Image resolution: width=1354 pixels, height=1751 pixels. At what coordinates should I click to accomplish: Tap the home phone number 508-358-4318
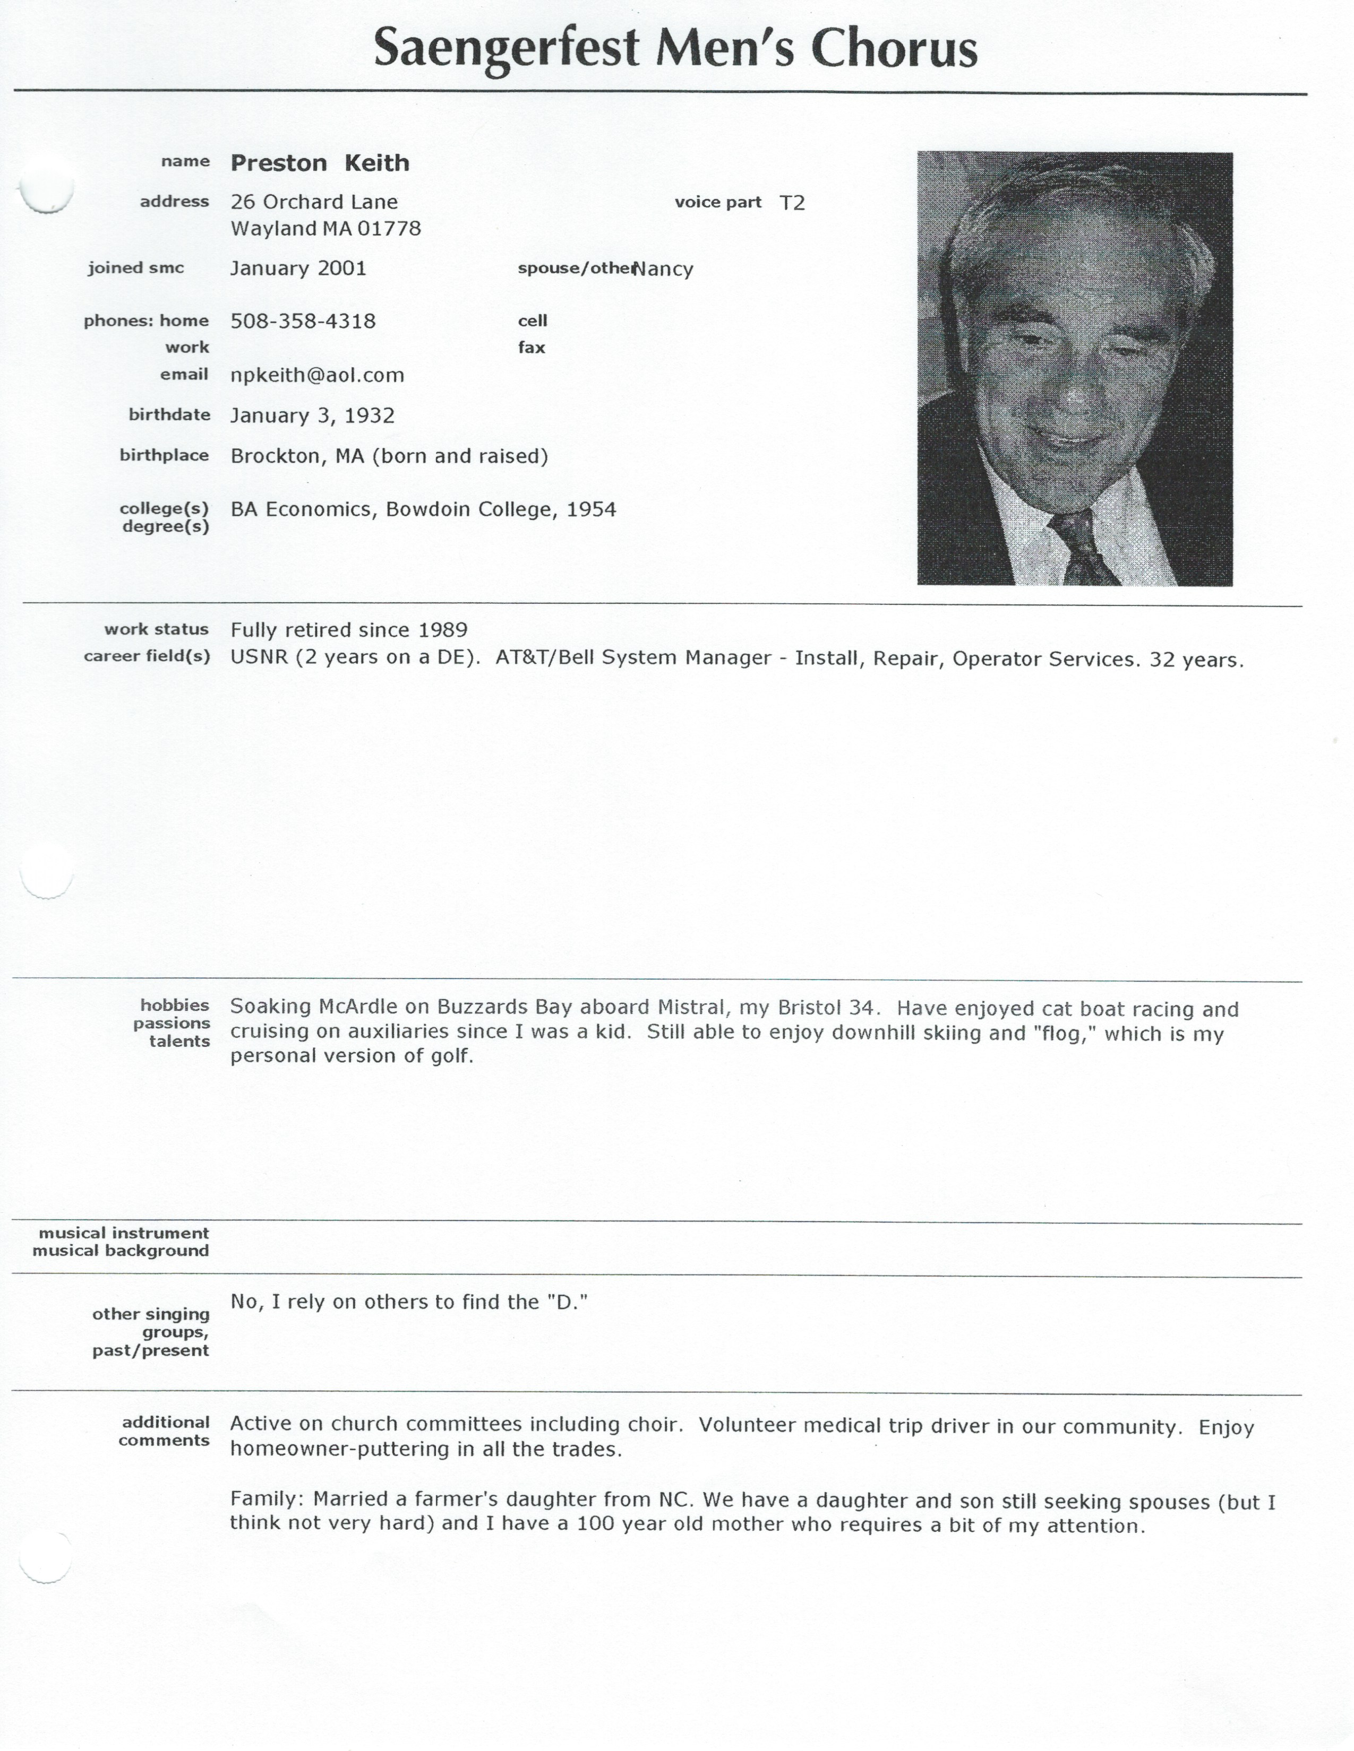303,322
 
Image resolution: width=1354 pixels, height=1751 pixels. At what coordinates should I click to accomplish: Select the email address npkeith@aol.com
317,375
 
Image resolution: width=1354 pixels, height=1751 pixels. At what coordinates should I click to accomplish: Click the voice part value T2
792,203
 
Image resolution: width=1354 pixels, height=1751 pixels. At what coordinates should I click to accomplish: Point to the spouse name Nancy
663,270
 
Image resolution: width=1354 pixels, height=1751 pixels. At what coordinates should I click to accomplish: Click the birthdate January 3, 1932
312,416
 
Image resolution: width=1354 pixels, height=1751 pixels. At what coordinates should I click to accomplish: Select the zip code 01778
389,229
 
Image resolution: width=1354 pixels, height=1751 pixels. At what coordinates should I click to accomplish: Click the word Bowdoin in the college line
429,510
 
